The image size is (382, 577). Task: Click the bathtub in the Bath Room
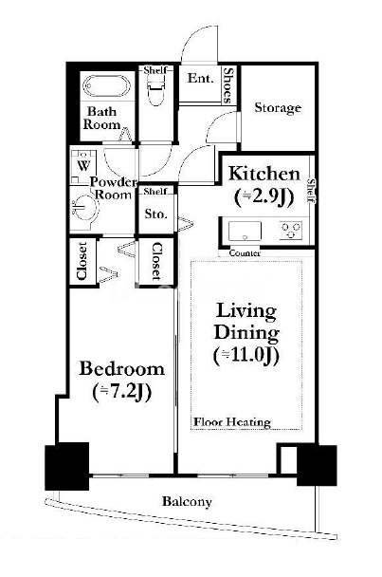coord(106,86)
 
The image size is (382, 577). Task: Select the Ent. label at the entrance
coord(200,78)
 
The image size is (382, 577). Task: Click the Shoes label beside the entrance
coord(228,85)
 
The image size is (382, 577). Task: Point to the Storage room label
coord(278,108)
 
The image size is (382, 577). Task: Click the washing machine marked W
coord(83,165)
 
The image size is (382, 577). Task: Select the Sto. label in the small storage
coord(155,214)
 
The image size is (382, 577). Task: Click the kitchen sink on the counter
coord(245,232)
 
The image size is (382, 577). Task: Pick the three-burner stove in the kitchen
coord(291,231)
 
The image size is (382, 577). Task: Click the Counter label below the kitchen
coord(245,253)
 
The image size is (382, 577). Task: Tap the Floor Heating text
coord(232,422)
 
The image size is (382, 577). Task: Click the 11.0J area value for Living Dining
coord(246,355)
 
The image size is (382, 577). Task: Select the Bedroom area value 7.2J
coord(122,392)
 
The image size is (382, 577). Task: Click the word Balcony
coord(187,502)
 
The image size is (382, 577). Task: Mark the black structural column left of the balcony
coord(67,466)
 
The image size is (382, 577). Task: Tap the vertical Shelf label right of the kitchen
coord(312,191)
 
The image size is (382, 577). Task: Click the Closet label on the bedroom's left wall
coord(82,261)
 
